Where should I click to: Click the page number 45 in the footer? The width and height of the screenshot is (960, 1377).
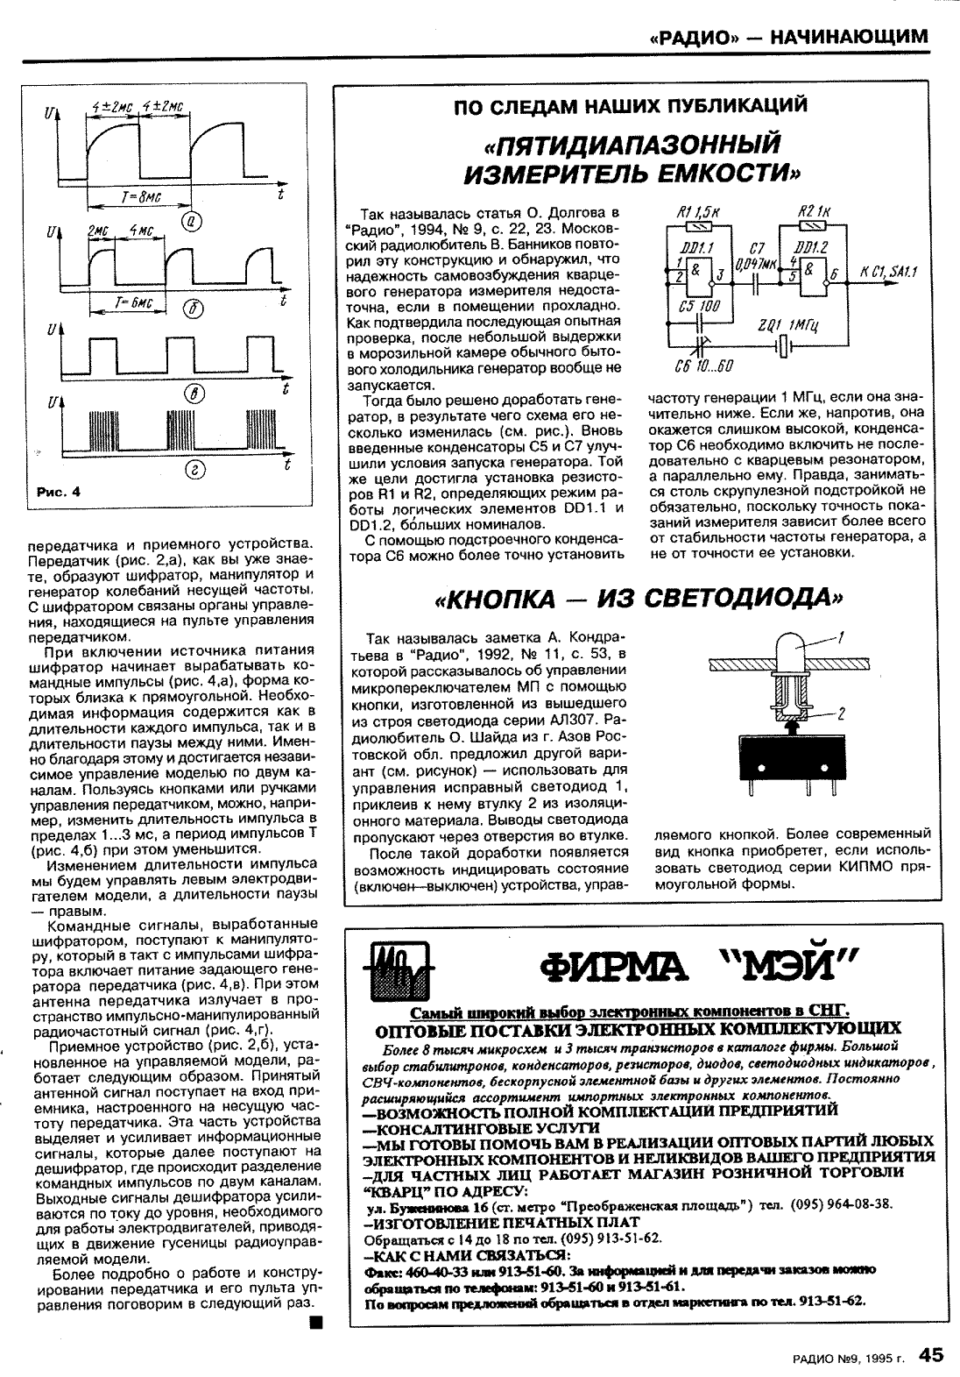931,1354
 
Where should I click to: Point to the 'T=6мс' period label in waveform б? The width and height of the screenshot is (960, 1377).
133,302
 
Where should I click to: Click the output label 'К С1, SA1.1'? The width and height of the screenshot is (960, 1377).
888,274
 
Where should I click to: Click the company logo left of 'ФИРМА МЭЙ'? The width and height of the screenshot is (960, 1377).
394,970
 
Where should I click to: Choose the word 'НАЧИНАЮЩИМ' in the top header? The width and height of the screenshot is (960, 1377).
849,37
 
